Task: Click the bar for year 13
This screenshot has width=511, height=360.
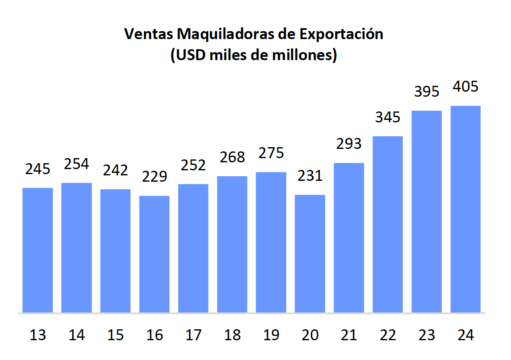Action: point(37,250)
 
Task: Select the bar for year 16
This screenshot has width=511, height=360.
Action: point(154,254)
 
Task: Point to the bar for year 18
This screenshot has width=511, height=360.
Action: point(232,244)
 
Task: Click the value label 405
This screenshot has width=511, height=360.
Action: point(466,87)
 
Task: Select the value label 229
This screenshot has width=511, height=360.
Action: point(154,176)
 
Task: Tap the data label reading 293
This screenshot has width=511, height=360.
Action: point(349,144)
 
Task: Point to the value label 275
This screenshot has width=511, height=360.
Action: point(271,153)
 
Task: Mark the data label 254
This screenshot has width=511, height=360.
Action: point(76,164)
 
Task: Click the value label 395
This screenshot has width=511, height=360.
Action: point(427,92)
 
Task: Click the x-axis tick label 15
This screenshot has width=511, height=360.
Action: point(116,335)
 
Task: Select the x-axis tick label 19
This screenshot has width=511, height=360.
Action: point(271,335)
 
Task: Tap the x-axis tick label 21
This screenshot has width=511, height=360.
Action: point(349,335)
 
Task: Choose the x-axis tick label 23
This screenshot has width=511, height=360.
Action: point(427,335)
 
